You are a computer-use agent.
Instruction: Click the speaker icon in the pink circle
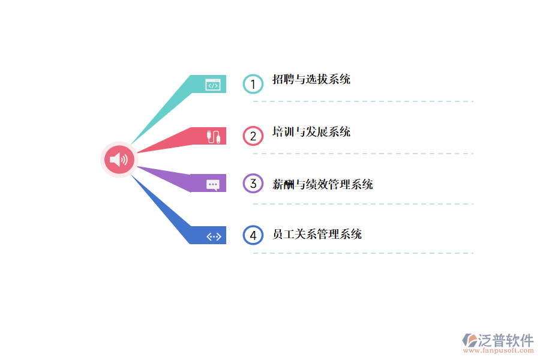point(119,160)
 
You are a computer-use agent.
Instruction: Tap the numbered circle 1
point(253,84)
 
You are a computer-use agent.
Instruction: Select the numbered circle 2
point(253,136)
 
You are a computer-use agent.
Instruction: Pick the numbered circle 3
point(253,183)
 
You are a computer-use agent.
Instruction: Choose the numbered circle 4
point(253,235)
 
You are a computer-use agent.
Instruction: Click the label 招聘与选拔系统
point(311,79)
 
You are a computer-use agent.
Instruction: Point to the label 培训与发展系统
point(311,132)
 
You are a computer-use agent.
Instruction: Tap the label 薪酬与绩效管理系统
point(323,184)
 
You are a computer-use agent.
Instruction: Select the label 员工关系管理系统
point(317,234)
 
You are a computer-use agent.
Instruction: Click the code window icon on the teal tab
point(213,85)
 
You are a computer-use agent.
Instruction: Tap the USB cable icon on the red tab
point(214,136)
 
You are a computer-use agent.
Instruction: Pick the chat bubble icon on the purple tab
point(213,184)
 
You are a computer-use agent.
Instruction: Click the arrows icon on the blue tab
point(214,236)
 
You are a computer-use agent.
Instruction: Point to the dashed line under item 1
point(363,101)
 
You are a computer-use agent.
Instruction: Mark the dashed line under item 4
point(363,253)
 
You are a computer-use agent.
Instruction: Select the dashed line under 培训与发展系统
point(363,154)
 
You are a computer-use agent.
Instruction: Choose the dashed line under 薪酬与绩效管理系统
point(363,204)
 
